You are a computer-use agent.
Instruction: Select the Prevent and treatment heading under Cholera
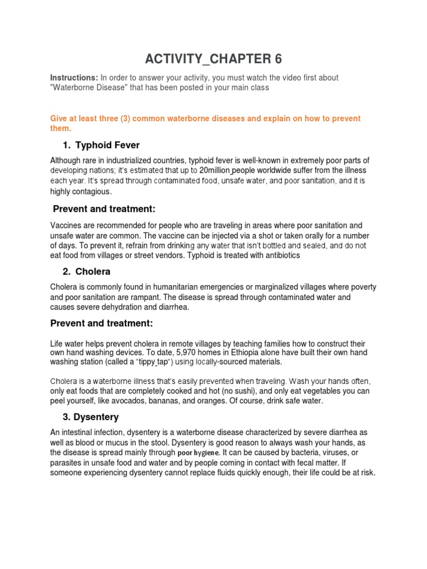pyautogui.click(x=101, y=323)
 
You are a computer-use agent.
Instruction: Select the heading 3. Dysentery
pyautogui.click(x=90, y=417)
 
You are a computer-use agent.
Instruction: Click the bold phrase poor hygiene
pyautogui.click(x=198, y=453)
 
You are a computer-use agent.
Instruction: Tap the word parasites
pyautogui.click(x=68, y=463)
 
